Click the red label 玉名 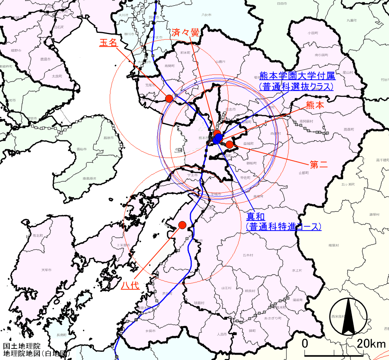click(108, 43)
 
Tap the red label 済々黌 click(185, 32)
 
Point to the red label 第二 click(319, 164)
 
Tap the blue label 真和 click(256, 215)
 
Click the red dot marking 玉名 click(169, 98)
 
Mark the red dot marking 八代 click(182, 225)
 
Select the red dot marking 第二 click(230, 145)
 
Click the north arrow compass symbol click(348, 316)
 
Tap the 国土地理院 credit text click(22, 346)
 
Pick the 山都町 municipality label click(304, 173)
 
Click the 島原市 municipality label click(107, 138)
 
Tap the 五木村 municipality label click(248, 256)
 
